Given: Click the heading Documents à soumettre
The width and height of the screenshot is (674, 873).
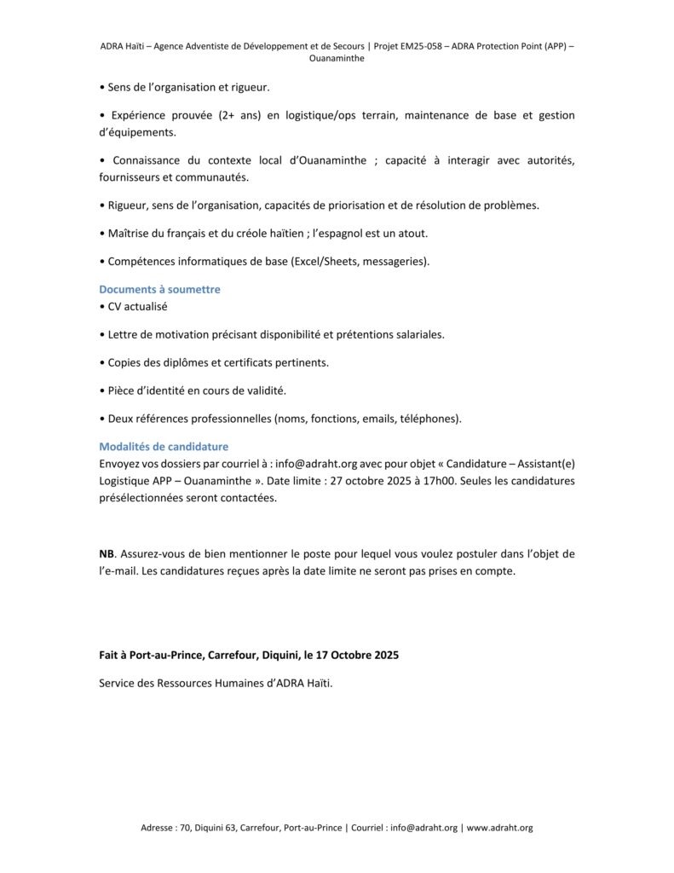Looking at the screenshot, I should click(159, 289).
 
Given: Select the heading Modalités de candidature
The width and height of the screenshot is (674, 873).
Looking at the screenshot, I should click(164, 446).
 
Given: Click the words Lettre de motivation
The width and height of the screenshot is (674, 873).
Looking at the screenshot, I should click(159, 334).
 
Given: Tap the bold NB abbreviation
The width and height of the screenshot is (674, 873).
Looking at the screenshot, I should click(107, 553).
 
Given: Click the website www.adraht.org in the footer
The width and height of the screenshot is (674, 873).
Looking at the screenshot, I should click(499, 827).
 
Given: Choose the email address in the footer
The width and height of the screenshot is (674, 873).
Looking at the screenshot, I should click(423, 827).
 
